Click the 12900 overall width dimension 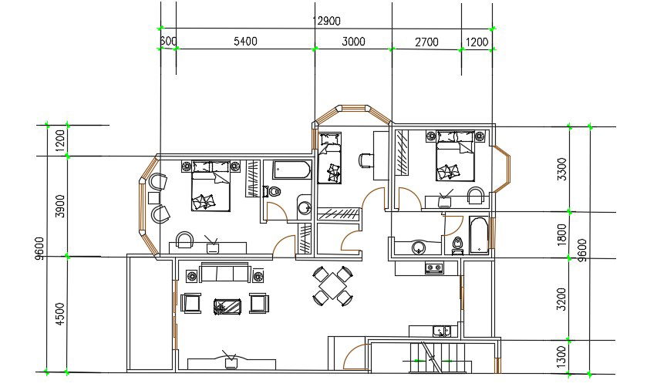pyautogui.click(x=325, y=21)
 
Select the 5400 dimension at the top pyautogui.click(x=244, y=42)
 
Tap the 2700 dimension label pyautogui.click(x=426, y=42)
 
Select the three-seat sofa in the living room pyautogui.click(x=224, y=274)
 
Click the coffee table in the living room pyautogui.click(x=228, y=305)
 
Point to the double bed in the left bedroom pyautogui.click(x=211, y=185)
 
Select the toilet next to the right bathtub pyautogui.click(x=458, y=245)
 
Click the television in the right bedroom pyautogui.click(x=445, y=200)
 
